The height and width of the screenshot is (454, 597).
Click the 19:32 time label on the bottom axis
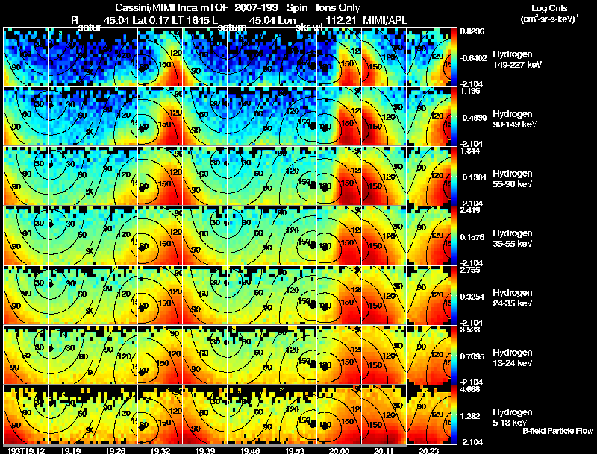(x=160, y=450)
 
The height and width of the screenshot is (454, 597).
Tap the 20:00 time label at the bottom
(x=339, y=450)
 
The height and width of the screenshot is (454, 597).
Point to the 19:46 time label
(x=249, y=450)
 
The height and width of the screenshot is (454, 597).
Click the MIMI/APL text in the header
(x=385, y=19)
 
